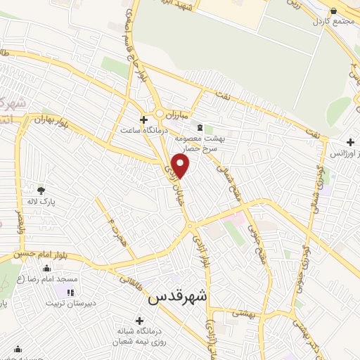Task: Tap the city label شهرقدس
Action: pos(178,297)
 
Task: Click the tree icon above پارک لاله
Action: pos(41,189)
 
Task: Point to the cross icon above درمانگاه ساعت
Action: pos(144,120)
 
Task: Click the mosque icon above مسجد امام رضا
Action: pos(46,268)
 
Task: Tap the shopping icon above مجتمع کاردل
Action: pos(333,11)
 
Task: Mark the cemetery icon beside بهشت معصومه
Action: pos(200,128)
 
